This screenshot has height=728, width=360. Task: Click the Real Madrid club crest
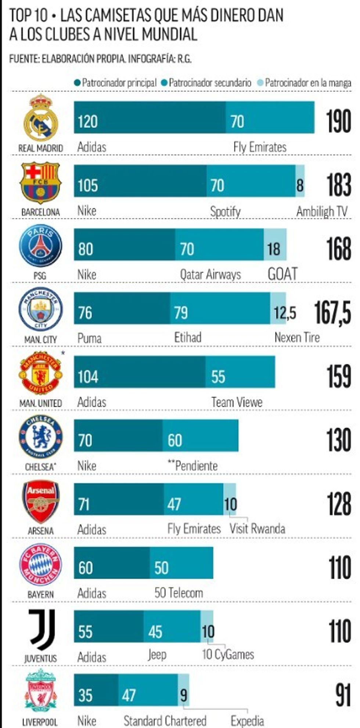tap(41, 117)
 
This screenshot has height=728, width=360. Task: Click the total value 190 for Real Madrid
tap(338, 122)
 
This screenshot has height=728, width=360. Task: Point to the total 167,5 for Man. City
tap(332, 313)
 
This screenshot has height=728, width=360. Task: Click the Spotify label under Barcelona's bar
tap(225, 211)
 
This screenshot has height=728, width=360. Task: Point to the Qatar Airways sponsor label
tap(210, 275)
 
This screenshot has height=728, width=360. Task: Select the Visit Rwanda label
tap(257, 529)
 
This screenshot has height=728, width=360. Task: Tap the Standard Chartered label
tap(165, 721)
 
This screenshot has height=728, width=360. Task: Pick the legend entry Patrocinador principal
tap(115, 83)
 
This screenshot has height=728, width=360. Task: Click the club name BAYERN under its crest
tap(40, 594)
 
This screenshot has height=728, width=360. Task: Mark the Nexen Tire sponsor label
tap(297, 337)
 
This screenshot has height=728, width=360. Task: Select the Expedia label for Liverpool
tap(247, 721)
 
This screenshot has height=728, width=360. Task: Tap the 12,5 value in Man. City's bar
tap(285, 313)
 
